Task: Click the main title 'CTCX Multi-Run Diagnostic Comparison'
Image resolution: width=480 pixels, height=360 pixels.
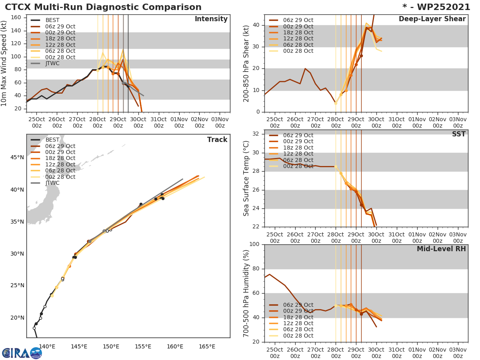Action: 103,7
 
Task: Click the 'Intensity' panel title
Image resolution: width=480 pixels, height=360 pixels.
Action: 211,19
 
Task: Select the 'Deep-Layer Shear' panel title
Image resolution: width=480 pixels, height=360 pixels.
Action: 432,19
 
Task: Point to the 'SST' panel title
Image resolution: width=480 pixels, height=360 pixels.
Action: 458,134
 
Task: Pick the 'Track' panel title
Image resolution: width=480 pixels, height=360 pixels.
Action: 217,140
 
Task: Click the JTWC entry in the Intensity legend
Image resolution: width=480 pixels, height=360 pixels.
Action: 52,64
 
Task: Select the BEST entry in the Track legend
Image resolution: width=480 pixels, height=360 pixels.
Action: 52,140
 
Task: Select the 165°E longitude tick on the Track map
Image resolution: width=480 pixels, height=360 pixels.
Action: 207,346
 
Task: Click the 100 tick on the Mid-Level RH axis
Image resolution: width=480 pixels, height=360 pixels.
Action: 254,244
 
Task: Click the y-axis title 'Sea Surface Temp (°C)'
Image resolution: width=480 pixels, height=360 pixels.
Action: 246,178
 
